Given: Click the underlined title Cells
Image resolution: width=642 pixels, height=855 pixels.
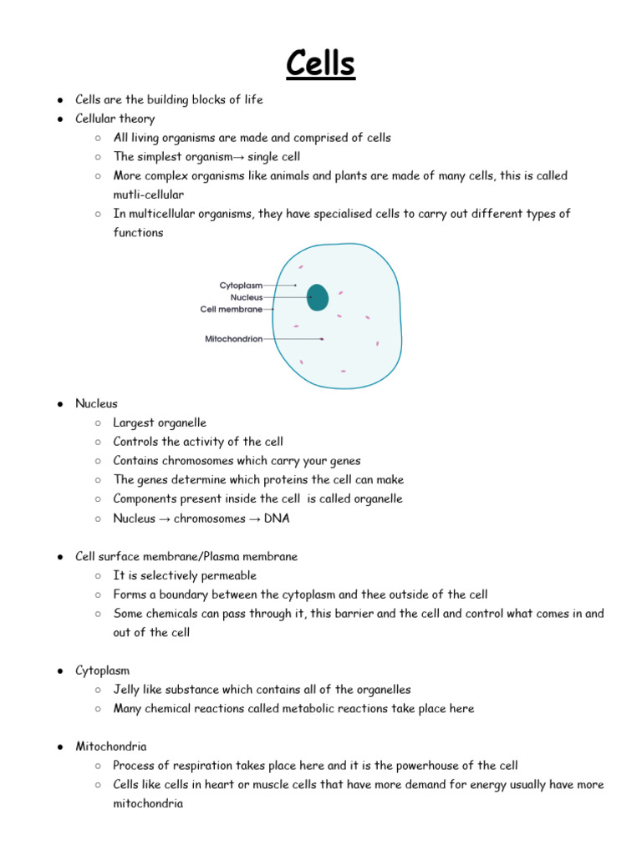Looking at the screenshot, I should [321, 63].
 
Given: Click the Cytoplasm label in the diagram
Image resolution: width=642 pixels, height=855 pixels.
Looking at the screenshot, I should [241, 286].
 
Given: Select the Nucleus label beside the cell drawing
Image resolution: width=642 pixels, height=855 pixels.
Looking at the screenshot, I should [247, 297].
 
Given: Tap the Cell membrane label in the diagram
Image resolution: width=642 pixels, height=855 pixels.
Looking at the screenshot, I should [231, 309].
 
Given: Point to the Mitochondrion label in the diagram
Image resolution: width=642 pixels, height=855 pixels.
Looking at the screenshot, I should [233, 339].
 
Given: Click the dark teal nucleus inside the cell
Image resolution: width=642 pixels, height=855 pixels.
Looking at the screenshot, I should [317, 297].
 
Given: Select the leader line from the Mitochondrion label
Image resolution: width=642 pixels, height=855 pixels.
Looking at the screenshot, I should [293, 339].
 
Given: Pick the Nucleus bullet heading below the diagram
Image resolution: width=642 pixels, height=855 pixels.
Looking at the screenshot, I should [96, 403].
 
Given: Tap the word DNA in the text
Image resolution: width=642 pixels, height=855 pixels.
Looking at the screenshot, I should [276, 519].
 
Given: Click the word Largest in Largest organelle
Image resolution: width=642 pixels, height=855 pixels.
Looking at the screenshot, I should [134, 422].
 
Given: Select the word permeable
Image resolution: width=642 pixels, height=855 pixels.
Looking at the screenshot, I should [227, 575].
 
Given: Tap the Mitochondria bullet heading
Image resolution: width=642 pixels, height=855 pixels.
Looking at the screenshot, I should [106, 746].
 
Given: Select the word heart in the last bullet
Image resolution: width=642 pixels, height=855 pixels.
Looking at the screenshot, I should [222, 785].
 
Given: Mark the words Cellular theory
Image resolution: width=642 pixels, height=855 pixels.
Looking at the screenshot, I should [115, 119].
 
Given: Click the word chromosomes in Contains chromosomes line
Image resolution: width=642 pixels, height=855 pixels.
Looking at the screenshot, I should [195, 461].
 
